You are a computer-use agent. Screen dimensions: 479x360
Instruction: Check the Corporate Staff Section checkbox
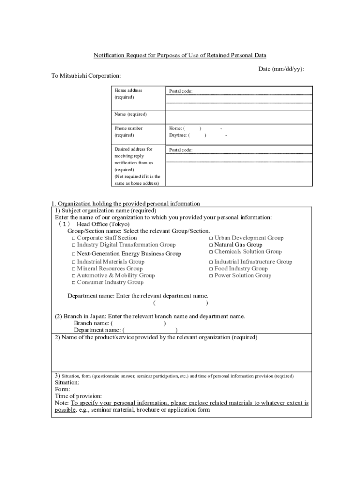(x=73, y=238)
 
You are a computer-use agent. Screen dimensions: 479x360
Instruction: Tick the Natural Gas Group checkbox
(x=211, y=245)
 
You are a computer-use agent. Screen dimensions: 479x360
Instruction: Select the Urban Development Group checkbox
(x=211, y=238)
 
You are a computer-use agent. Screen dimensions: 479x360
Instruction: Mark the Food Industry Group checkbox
(x=211, y=269)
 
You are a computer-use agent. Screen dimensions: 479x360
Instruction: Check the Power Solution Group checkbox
(x=211, y=276)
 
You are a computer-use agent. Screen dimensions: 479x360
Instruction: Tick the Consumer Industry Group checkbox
(x=73, y=283)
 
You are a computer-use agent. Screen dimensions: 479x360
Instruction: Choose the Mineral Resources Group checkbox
(x=73, y=269)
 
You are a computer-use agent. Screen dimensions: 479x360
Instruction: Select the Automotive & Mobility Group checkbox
(x=73, y=276)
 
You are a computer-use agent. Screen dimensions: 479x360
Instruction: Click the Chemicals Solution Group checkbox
(x=211, y=252)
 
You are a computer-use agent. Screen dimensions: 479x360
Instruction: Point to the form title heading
(x=180, y=55)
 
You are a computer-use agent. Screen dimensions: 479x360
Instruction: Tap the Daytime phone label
(x=178, y=135)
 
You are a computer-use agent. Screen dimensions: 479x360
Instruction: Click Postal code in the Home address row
(x=180, y=91)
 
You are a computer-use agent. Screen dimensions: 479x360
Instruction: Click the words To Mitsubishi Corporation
(x=86, y=76)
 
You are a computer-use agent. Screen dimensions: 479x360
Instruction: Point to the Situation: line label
(x=67, y=382)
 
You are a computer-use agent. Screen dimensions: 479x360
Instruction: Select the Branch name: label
(x=92, y=323)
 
